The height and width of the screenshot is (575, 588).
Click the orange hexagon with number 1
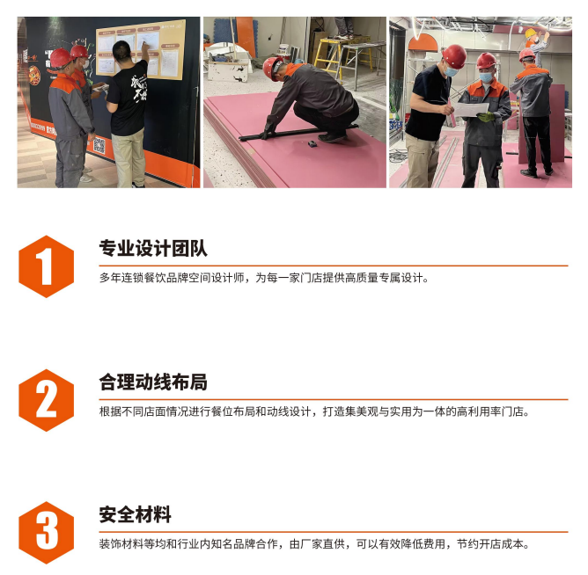46,266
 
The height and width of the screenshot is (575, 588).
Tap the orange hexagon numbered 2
46,400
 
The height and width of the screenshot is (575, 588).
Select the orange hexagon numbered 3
46,532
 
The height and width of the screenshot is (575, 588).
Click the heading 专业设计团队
153,248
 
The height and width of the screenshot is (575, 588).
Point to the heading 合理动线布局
153,382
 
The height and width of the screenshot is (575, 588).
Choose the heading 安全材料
135,514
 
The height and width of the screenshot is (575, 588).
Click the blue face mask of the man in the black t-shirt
451,71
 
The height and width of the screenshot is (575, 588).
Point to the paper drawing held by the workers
471,109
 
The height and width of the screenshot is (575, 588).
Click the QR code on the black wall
99,146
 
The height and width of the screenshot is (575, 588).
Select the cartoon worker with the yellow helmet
536,43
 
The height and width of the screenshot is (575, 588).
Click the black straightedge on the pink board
298,133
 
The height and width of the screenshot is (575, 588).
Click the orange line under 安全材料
334,532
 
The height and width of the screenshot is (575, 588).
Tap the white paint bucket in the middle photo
283,51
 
